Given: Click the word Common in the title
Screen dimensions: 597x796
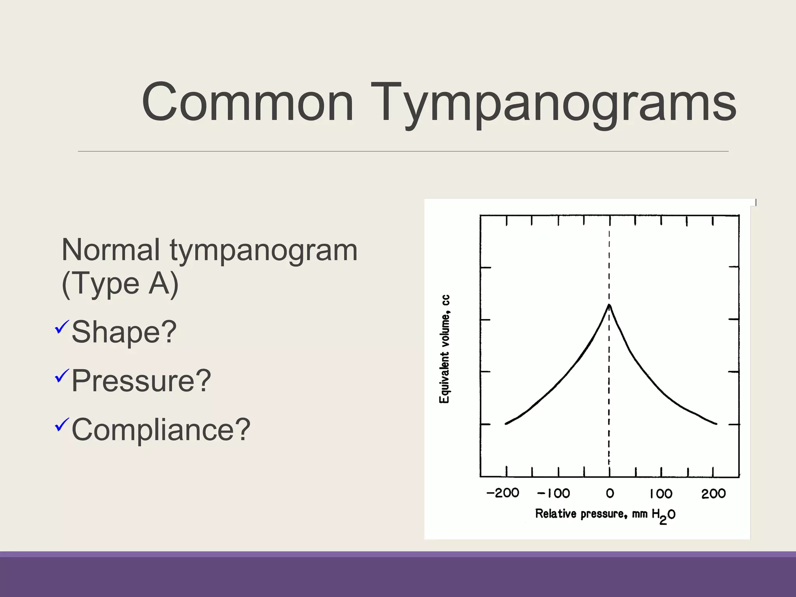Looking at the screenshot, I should pos(248,103).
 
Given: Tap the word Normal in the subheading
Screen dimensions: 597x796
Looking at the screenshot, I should pos(111,250).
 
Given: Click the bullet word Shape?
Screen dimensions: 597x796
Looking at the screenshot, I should pos(124,332).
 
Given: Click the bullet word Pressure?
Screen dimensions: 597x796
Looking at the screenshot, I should pos(141,381).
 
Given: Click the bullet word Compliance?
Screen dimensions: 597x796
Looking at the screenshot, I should pos(161,429).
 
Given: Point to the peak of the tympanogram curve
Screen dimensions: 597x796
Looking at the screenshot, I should pos(609,305).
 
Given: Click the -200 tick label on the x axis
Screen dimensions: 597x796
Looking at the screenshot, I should pos(503,493).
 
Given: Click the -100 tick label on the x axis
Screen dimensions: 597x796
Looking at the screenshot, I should pos(553,493).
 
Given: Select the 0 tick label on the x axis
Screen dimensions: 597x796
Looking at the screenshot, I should pos(610,493).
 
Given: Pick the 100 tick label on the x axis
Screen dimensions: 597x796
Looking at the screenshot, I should pos(661,494).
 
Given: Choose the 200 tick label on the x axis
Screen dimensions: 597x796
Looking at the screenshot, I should pos(713,494).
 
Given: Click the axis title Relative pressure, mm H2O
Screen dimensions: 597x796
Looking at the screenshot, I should pos(605,515).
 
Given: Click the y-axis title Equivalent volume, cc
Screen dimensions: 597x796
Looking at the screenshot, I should pos(445,349).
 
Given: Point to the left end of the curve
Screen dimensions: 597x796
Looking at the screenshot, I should pos(506,423).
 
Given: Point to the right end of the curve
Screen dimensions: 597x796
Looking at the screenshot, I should pos(716,424).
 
